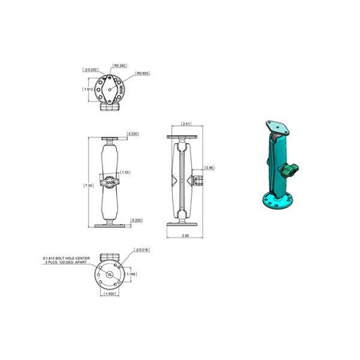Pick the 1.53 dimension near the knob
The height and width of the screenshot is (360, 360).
(125, 172)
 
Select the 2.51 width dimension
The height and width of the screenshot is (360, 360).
(185, 124)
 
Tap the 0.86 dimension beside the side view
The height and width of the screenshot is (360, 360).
(210, 167)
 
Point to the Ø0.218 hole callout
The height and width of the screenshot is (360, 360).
(141, 250)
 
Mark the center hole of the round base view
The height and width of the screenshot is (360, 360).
(108, 274)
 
